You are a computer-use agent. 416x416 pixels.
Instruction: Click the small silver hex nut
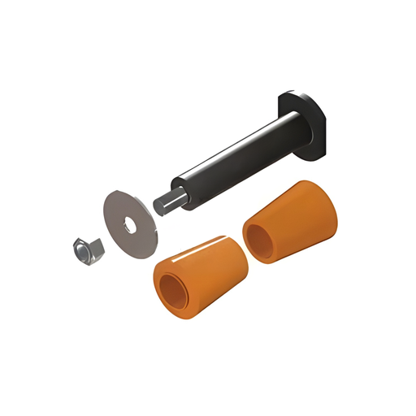[x=85, y=251]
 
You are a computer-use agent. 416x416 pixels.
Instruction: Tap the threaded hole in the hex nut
[x=83, y=249]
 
